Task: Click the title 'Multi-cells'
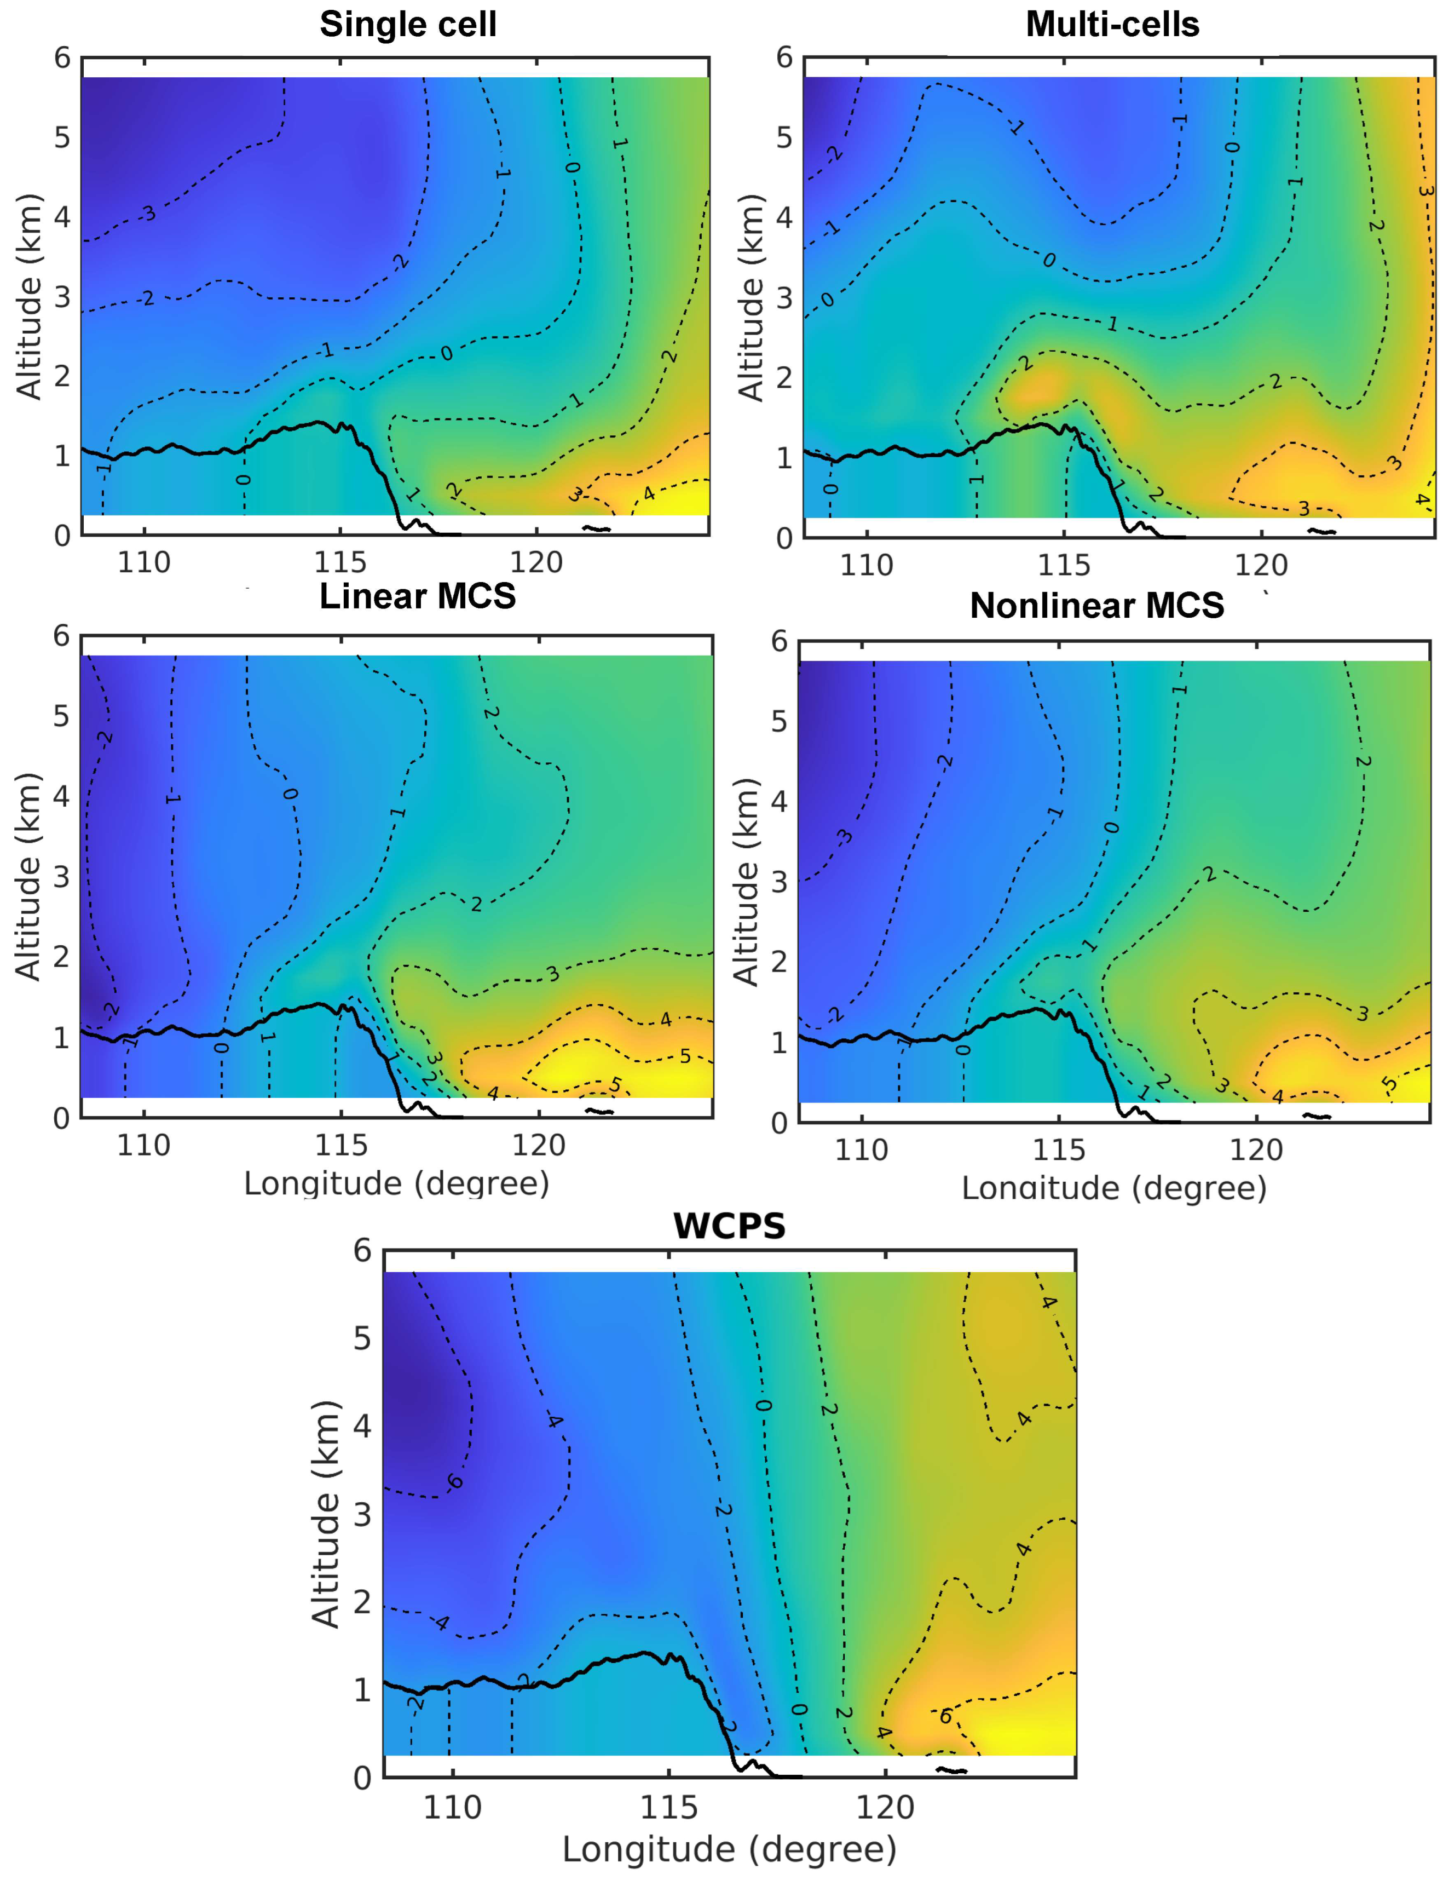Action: [1112, 24]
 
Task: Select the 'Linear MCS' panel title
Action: [418, 595]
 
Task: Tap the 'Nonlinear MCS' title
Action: [1097, 606]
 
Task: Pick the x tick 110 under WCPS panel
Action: [452, 1808]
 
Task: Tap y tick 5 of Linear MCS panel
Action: [61, 716]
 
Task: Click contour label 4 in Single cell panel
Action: [649, 494]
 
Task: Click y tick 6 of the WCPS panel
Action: [362, 1251]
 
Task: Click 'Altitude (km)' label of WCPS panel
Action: [326, 1514]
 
